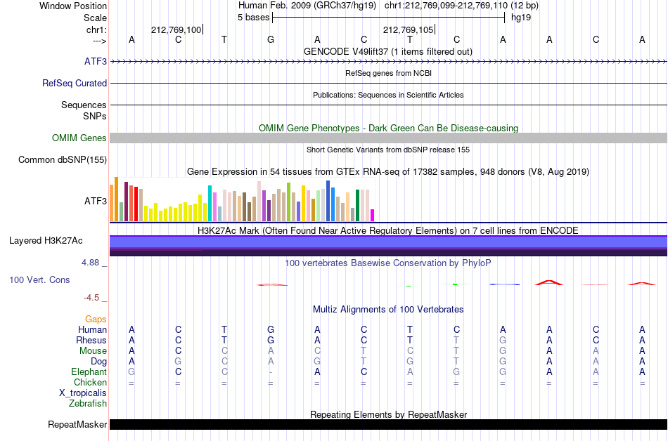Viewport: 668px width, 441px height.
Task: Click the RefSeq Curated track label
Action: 75,84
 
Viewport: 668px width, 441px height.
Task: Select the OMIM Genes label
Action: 79,138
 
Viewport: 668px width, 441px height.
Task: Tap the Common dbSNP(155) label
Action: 63,160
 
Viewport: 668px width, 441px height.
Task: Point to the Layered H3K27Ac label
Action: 46,241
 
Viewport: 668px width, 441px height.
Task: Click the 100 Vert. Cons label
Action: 39,279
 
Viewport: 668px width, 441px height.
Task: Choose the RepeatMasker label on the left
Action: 77,424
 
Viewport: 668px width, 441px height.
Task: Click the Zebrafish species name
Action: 88,403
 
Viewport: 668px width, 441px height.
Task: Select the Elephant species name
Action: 89,371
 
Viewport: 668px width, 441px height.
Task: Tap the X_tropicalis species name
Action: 83,393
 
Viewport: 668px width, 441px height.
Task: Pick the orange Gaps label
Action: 96,319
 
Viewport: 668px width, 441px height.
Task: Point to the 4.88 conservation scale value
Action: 90,263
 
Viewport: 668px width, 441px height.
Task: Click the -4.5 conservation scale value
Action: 91,298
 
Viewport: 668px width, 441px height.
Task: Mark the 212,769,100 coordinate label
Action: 176,29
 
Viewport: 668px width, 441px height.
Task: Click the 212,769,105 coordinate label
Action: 408,29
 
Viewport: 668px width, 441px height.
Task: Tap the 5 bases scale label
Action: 253,18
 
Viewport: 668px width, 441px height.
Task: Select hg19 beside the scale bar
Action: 521,18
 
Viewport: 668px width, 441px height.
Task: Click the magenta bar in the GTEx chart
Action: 373,215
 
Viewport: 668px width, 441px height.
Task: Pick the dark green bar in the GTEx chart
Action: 358,206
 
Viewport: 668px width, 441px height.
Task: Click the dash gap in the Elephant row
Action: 271,372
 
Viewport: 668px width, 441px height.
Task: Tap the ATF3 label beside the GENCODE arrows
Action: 96,62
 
